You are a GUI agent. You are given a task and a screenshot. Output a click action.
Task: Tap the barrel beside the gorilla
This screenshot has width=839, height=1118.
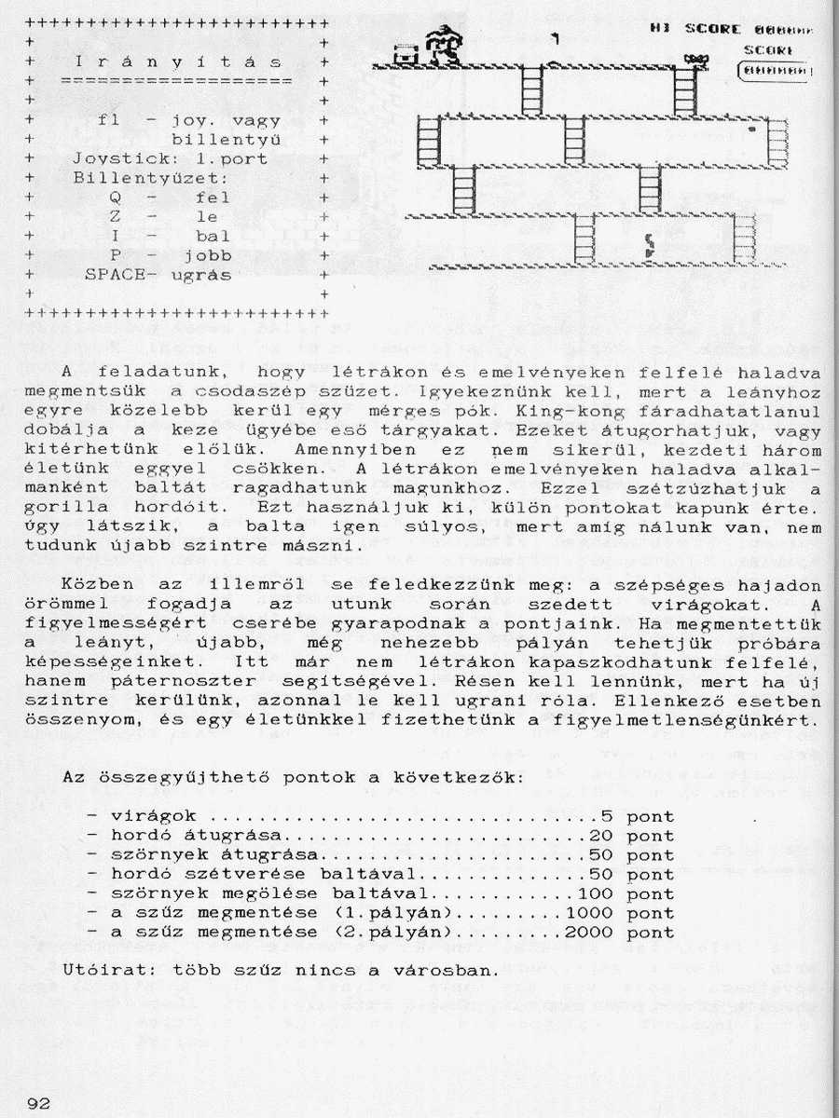click(x=405, y=55)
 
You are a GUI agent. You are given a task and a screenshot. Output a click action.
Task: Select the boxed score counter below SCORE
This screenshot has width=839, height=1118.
click(x=774, y=70)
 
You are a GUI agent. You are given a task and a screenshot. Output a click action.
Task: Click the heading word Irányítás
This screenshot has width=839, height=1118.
click(x=177, y=62)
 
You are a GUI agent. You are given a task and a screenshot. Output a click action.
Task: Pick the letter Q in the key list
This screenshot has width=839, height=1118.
click(x=115, y=198)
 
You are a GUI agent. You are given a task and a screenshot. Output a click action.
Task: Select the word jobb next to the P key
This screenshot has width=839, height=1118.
click(x=207, y=255)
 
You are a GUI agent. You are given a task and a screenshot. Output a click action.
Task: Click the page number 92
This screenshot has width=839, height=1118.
click(x=38, y=1103)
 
